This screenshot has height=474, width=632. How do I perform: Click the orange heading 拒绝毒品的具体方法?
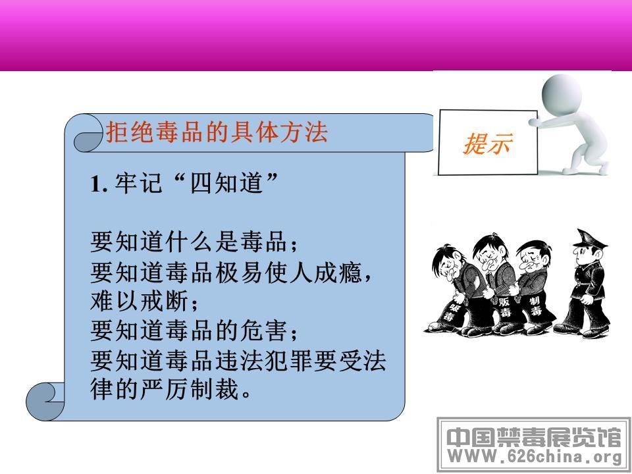(217, 132)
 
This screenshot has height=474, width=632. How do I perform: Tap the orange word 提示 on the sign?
(488, 144)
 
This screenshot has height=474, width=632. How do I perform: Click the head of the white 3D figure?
(561, 95)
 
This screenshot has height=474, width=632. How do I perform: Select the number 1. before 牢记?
(99, 184)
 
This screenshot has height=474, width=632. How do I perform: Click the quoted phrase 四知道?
(226, 184)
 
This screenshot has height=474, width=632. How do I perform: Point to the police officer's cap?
(589, 239)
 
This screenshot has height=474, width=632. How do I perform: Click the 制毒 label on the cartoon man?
(535, 306)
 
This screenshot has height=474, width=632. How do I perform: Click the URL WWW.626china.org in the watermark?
(535, 457)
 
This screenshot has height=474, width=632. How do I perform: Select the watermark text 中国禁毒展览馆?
(534, 437)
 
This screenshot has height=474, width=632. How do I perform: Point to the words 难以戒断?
(140, 302)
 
